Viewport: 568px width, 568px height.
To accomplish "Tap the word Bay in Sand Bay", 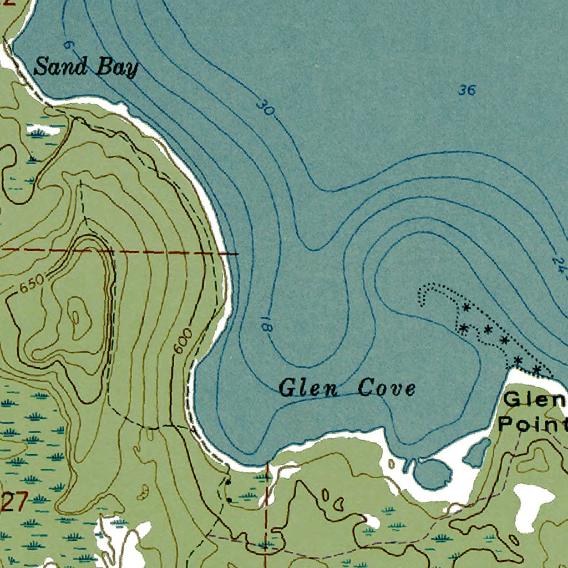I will coord(117,68).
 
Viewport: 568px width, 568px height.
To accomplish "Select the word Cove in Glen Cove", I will coord(387,388).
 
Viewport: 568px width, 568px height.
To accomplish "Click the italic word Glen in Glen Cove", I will coord(308,388).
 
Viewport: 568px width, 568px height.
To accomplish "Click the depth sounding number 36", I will coord(468,90).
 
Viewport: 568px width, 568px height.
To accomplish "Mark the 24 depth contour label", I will coord(559,263).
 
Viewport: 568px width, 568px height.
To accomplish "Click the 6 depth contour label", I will coord(68,44).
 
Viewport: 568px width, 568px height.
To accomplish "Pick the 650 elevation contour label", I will coord(31,286).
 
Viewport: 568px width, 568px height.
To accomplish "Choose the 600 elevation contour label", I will coord(182,340).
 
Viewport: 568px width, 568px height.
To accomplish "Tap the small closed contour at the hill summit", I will coord(75,317).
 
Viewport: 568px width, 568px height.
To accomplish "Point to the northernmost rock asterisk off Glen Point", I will coord(466,307).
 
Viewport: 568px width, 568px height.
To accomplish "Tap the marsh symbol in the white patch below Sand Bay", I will coord(39,132).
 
